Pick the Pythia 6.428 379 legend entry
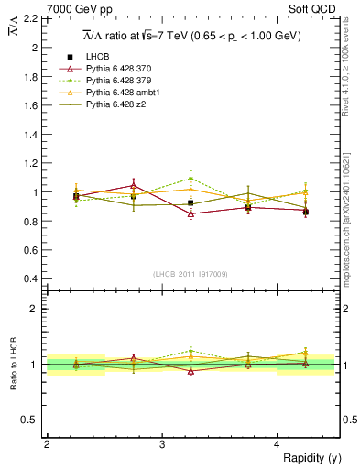[116, 81]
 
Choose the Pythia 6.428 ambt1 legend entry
[119, 93]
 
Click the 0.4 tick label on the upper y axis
[30, 279]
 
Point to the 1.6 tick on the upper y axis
[30, 105]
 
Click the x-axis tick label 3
[162, 443]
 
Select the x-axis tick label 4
[278, 443]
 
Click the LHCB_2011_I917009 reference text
[191, 272]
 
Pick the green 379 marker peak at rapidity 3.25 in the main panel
[191, 179]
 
